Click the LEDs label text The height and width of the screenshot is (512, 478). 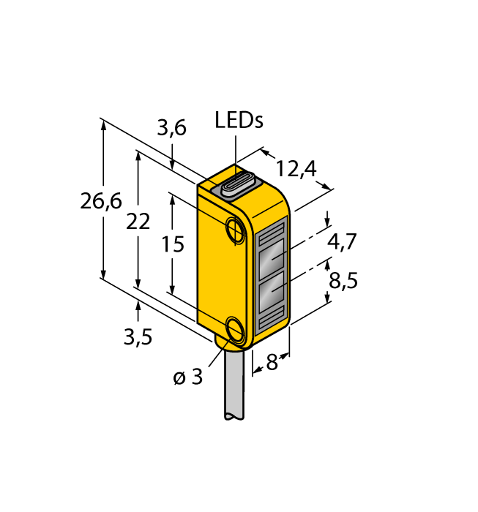239,120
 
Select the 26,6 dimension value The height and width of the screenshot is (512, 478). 101,202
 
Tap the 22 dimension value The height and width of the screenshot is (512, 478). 138,222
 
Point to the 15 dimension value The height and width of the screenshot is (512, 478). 173,244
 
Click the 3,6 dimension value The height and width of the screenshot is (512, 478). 171,129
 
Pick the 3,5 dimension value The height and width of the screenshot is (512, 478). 138,337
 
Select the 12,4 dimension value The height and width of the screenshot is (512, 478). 296,170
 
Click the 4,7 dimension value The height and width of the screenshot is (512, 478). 342,241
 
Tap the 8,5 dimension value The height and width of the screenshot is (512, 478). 343,280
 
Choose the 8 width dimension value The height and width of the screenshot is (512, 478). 272,362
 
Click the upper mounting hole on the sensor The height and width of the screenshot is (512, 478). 236,229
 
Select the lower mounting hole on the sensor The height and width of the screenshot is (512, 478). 236,330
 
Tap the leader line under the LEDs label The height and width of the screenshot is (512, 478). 235,154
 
